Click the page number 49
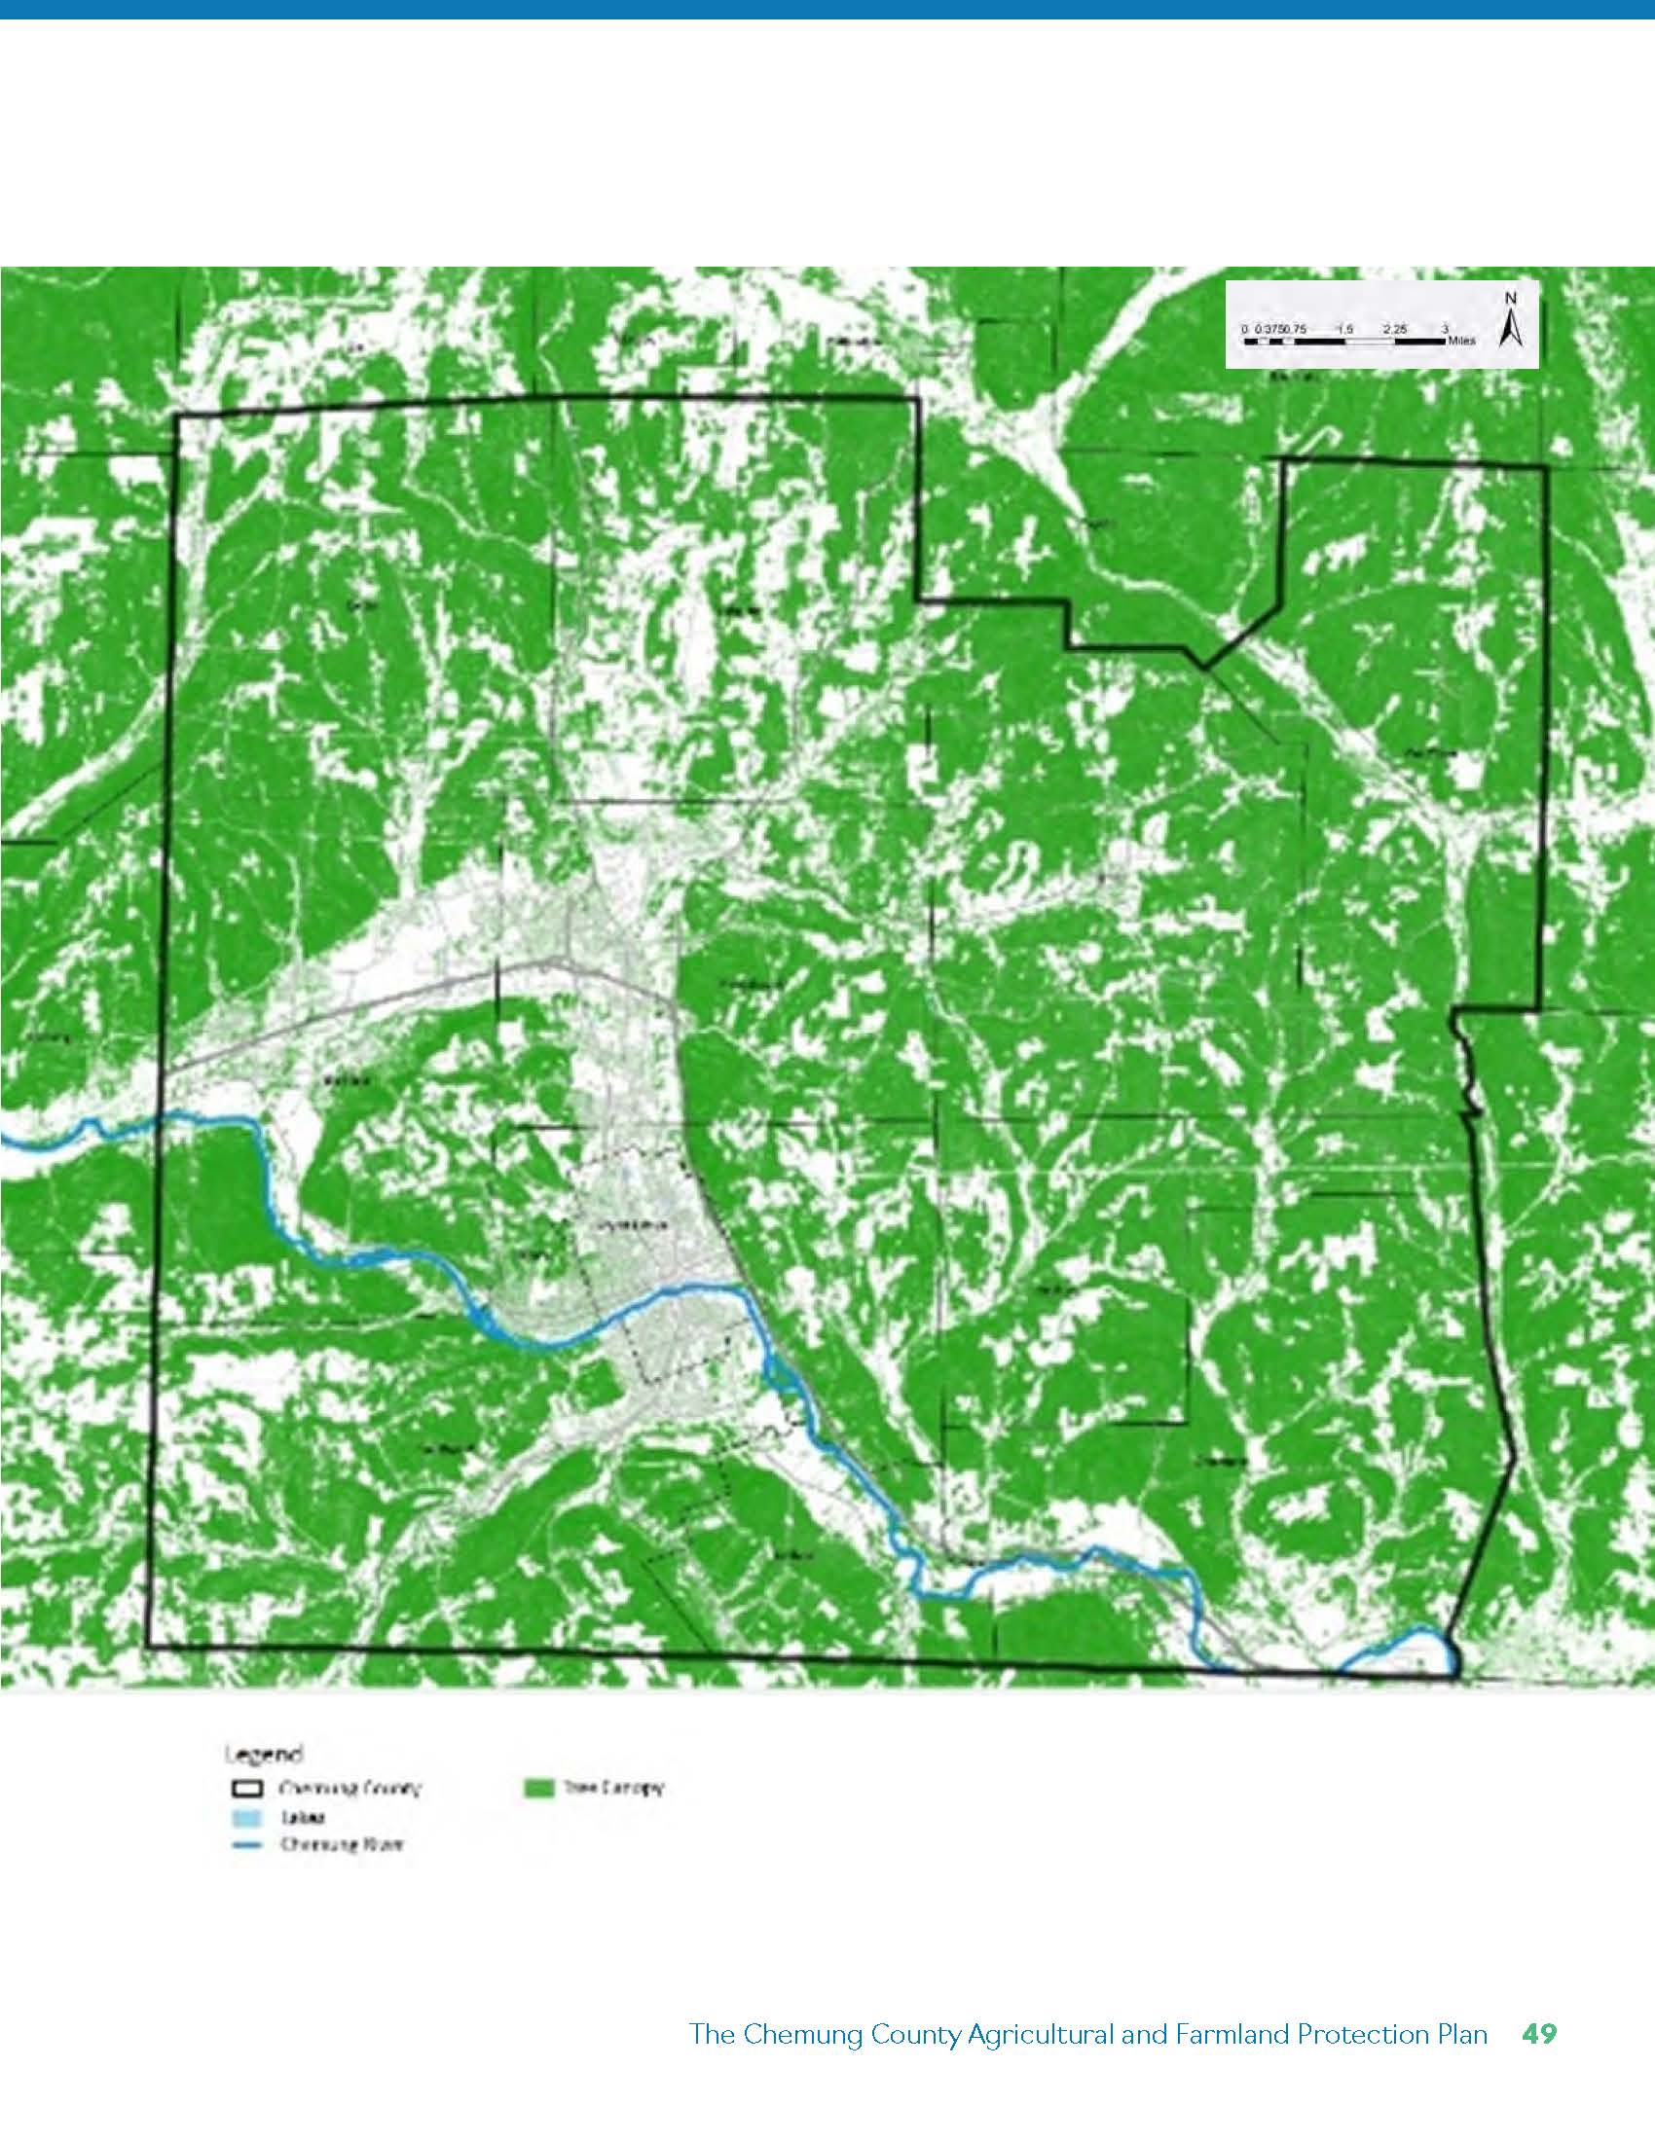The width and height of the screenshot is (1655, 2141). pos(1539,2034)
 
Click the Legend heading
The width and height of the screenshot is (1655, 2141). pos(264,1753)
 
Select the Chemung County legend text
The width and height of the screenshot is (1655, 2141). pos(351,1788)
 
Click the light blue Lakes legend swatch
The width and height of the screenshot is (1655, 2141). pos(252,1817)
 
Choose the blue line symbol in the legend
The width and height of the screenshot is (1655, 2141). pos(252,1844)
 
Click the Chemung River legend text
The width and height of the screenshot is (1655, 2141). pos(342,1844)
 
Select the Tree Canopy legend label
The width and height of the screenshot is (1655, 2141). pos(612,1788)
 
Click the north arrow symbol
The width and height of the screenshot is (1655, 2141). pos(1510,328)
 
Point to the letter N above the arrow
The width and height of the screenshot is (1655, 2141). pos(1511,299)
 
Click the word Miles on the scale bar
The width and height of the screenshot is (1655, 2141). pos(1461,342)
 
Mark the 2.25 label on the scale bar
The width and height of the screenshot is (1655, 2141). pos(1394,329)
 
